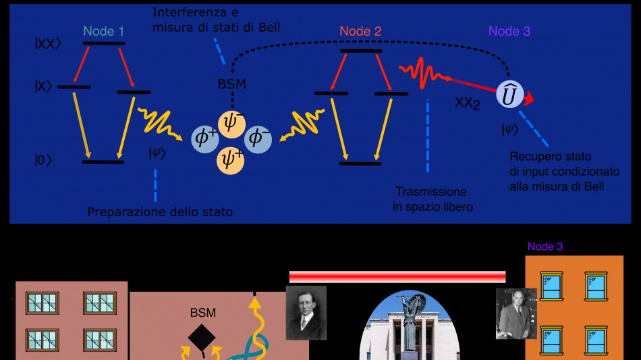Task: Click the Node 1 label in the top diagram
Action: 104,31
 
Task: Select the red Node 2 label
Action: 360,31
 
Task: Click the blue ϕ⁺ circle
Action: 204,137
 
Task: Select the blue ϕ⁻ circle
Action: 258,137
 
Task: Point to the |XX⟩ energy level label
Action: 49,42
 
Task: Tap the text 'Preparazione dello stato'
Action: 160,212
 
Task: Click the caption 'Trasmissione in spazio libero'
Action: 433,199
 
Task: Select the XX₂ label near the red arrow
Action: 467,104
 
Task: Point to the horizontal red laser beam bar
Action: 397,277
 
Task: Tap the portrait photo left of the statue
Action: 306,313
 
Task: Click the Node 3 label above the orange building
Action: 545,247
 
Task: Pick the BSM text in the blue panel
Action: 232,84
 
